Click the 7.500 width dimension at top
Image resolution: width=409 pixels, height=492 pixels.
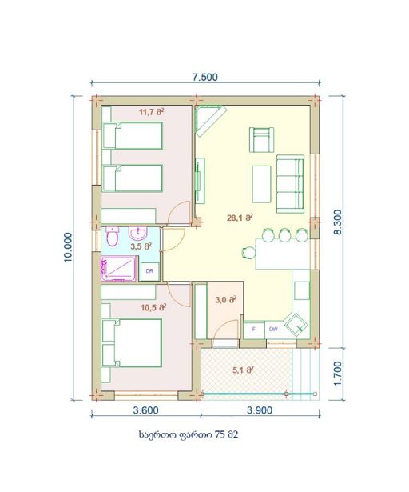[x=205, y=77]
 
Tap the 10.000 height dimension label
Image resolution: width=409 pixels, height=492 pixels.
[x=68, y=247]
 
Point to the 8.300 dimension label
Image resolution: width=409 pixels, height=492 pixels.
[x=338, y=222]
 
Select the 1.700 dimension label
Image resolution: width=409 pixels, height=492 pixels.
[x=338, y=374]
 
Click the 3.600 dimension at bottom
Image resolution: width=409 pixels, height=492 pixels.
[x=145, y=410]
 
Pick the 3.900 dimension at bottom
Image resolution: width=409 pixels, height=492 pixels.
[x=260, y=410]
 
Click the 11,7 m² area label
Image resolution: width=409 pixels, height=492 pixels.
[x=152, y=112]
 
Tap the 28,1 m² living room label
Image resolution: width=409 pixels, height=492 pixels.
[x=240, y=218]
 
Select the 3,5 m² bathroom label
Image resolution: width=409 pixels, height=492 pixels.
[x=141, y=246]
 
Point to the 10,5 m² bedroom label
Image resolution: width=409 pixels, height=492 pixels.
[x=153, y=307]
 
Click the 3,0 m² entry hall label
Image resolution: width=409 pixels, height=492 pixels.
[x=225, y=300]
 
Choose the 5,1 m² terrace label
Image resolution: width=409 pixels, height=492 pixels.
[x=243, y=370]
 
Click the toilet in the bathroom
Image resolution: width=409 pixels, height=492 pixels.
[x=112, y=236]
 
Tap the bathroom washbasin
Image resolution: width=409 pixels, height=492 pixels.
[x=137, y=233]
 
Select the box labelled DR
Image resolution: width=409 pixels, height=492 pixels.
[x=150, y=271]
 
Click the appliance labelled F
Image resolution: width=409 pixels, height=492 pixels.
[x=254, y=330]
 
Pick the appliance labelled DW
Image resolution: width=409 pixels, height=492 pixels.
[x=274, y=330]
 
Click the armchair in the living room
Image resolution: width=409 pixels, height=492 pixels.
[x=261, y=140]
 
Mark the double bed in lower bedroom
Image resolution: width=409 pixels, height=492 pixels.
[x=132, y=342]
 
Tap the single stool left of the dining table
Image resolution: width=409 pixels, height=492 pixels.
[x=249, y=252]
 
